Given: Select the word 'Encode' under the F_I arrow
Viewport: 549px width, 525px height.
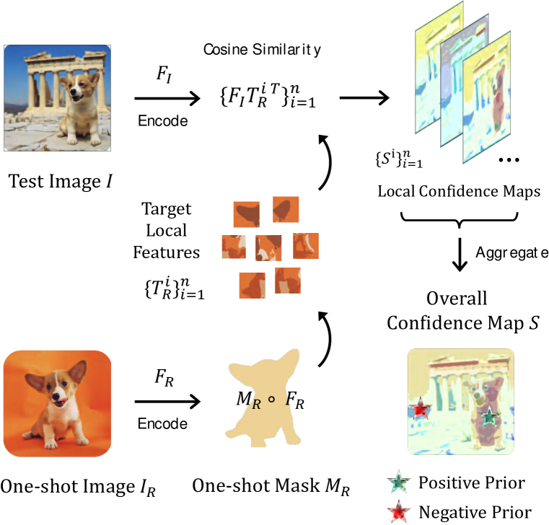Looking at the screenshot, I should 163,121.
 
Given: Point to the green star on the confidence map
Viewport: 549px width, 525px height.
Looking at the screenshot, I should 490,417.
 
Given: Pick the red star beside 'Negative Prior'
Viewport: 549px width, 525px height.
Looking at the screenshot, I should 398,512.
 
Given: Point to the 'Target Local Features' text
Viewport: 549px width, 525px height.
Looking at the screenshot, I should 172,231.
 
